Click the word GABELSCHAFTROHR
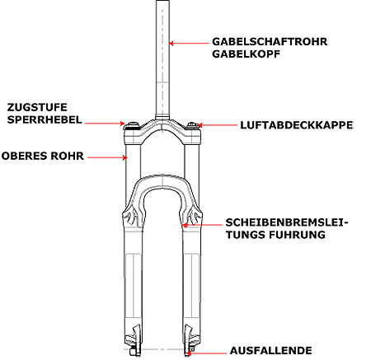coord(270,42)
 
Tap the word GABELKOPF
coord(246,54)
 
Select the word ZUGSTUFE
coord(37,107)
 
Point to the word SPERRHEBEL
coord(45,119)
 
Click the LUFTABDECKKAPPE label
coord(297,125)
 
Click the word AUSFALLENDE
coord(271,351)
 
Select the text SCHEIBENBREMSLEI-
coord(287,222)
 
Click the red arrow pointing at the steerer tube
coord(189,43)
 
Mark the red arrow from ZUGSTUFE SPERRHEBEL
coord(105,124)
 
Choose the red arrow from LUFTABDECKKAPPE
coord(217,125)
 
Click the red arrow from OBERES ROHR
coord(107,157)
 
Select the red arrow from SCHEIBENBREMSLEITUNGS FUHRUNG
coord(203,225)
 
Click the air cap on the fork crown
coord(191,125)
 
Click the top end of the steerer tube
coord(162,1)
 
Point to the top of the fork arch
coord(162,175)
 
